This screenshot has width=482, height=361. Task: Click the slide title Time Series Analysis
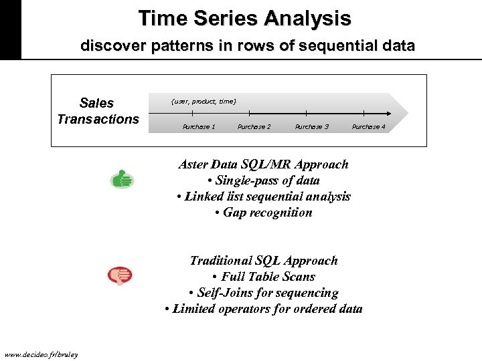[x=244, y=18]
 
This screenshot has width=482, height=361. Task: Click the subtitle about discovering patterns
[x=248, y=47]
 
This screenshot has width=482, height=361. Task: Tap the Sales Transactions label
[x=97, y=111]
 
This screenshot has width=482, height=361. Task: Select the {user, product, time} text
[x=204, y=101]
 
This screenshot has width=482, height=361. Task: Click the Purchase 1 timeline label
[x=199, y=127]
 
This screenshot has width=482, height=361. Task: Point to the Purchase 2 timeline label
[x=254, y=127]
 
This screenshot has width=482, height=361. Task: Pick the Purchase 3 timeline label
[x=312, y=127]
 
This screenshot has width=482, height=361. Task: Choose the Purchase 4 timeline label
[x=369, y=127]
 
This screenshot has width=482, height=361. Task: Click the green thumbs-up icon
[x=121, y=179]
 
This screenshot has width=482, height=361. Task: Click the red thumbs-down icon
[x=120, y=275]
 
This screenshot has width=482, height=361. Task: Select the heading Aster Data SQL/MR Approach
[x=263, y=164]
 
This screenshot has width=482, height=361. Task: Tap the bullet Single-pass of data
[x=263, y=180]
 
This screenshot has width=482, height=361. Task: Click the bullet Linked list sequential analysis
[x=263, y=197]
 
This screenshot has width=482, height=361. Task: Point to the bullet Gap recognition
[x=263, y=213]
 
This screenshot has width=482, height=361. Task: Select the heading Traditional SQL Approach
[x=264, y=261]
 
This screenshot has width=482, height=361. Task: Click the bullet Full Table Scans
[x=263, y=277]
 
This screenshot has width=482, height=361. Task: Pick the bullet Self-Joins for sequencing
[x=263, y=293]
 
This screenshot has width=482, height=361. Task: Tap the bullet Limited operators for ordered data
[x=263, y=309]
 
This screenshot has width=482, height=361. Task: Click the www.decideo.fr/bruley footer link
[x=41, y=354]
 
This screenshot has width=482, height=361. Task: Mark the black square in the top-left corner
[x=10, y=29]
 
